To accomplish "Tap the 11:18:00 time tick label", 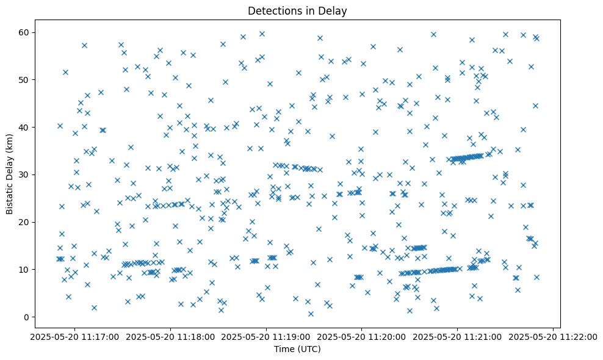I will (170, 336).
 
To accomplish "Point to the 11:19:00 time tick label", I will (266, 336).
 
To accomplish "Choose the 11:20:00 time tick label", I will (362, 336).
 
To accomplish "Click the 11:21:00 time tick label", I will (458, 336).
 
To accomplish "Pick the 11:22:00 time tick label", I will (554, 336).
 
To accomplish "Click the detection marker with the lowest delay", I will (311, 314).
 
